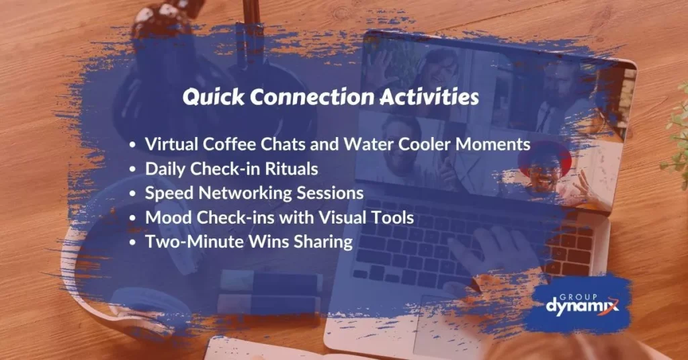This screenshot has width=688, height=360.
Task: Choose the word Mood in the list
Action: tap(165, 218)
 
